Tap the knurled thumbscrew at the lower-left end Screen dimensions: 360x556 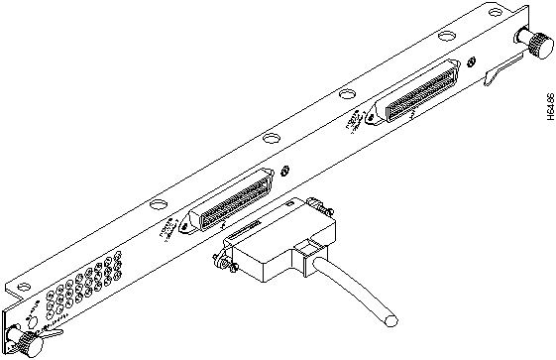coord(19,342)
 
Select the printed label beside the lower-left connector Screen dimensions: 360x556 coord(171,227)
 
